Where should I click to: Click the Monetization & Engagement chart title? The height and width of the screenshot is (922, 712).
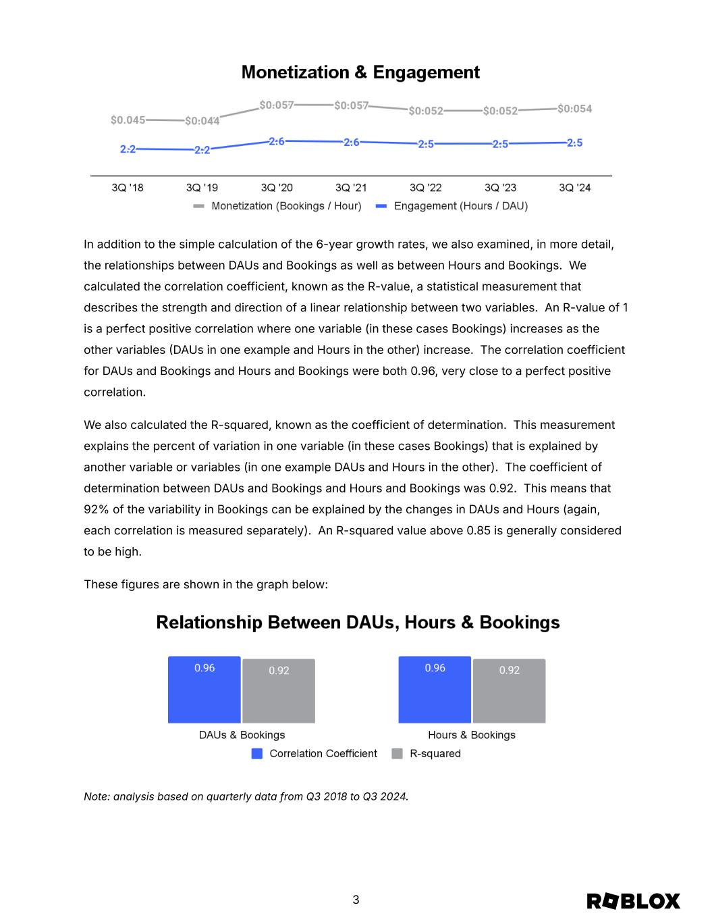360,72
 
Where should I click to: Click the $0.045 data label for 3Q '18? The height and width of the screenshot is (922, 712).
128,120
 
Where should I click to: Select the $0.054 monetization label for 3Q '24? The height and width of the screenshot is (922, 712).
574,109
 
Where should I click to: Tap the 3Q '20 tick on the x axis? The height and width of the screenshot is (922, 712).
277,188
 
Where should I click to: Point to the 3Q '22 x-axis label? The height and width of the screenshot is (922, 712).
426,188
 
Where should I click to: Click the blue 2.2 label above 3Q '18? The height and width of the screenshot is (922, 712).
128,149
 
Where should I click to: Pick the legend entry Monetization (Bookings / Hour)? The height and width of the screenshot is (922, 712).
286,206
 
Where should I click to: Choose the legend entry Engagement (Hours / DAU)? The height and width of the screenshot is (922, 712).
460,206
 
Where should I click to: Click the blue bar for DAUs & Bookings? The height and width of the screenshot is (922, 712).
204,690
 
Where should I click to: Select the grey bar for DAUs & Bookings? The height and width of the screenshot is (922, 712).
279,691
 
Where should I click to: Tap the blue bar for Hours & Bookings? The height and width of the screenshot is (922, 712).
435,690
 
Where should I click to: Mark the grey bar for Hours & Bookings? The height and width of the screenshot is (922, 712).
510,691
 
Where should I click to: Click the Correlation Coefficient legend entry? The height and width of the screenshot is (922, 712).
323,754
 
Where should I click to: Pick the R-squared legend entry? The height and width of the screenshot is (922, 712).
435,754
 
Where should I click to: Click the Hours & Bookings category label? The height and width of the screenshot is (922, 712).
471,735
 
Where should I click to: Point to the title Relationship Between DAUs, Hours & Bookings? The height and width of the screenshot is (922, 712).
358,622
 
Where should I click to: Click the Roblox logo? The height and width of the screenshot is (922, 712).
633,901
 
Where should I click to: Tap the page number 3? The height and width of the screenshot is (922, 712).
356,900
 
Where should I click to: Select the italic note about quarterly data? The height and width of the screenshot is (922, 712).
246,796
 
